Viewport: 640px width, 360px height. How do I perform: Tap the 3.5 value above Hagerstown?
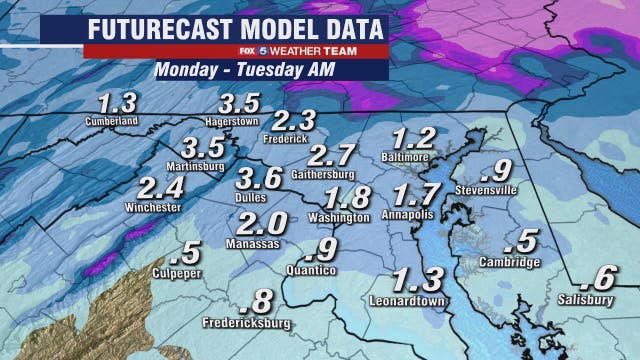[240, 102]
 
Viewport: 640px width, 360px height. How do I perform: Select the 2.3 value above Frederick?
[294, 120]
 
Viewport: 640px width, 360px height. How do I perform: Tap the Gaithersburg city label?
[328, 172]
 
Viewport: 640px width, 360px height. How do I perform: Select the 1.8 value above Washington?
[348, 197]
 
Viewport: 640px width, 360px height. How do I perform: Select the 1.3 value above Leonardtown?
[413, 279]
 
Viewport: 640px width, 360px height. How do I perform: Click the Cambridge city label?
[514, 262]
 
